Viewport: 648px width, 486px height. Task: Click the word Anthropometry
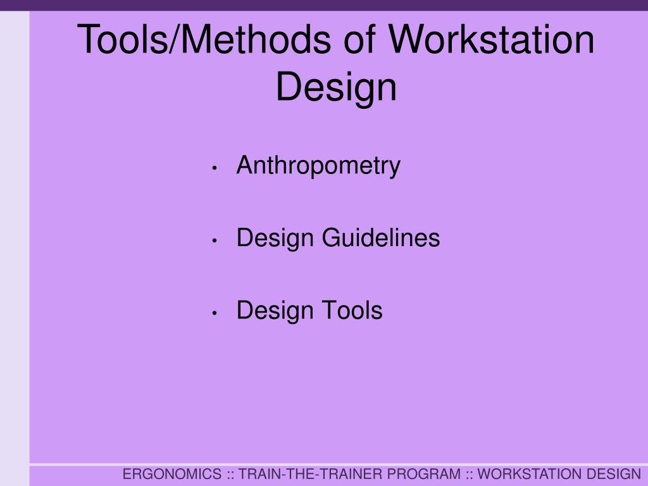tap(318, 166)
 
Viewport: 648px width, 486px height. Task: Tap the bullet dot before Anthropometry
tap(216, 168)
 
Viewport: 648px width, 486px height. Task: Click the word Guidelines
tap(381, 239)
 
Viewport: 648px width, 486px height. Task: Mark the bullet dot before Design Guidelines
tap(216, 241)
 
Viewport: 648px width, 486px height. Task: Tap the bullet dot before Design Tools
tap(216, 313)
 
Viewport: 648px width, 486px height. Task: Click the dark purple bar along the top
tap(324, 5)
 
